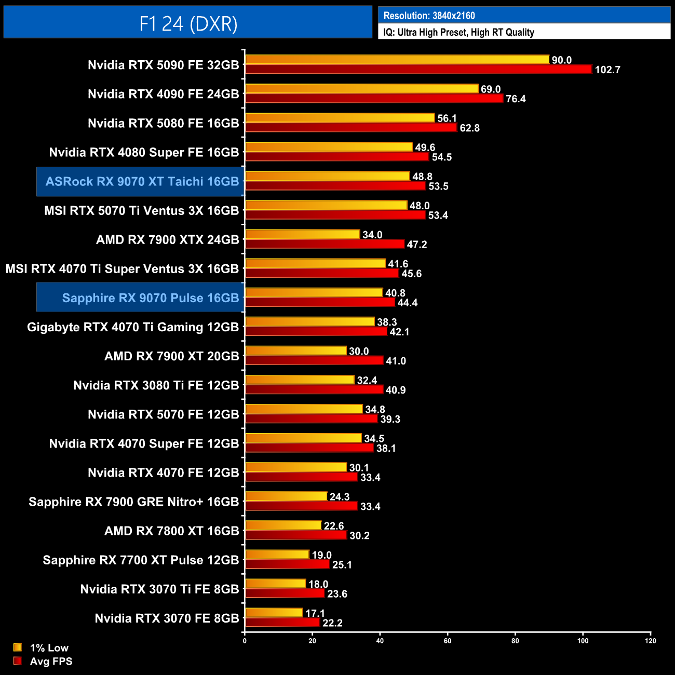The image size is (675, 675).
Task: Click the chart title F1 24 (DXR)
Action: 188,23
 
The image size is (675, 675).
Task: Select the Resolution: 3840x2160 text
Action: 429,16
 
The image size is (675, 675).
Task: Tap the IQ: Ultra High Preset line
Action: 458,32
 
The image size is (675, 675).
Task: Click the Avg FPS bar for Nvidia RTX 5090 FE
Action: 418,69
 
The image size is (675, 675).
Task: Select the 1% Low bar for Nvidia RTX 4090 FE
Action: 361,89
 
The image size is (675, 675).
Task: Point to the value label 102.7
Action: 607,70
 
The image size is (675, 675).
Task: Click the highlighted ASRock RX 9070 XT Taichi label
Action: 142,182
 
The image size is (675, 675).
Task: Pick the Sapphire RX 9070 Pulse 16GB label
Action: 150,298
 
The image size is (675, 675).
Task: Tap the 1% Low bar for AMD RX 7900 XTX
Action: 302,234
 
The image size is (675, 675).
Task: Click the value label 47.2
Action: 416,245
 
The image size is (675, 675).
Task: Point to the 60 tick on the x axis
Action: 448,641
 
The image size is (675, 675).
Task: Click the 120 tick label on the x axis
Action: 650,641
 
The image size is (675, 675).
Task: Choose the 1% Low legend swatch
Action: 18,647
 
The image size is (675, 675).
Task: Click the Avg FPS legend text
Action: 51,661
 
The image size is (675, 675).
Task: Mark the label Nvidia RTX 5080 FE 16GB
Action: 163,124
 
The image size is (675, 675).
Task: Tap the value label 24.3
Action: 340,497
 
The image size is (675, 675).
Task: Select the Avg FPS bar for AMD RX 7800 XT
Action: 295,535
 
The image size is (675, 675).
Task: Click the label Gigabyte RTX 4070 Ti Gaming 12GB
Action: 132,327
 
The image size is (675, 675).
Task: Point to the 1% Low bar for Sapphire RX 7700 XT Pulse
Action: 277,555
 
